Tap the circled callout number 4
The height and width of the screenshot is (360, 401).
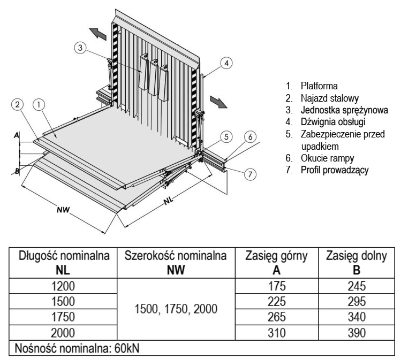tap(227, 63)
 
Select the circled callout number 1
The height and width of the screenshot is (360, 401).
tap(38, 104)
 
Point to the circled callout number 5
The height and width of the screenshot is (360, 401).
tap(228, 137)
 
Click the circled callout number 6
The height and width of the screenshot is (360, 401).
tap(249, 137)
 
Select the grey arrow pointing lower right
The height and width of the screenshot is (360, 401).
tap(217, 101)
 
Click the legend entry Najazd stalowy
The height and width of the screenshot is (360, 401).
tap(329, 97)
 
